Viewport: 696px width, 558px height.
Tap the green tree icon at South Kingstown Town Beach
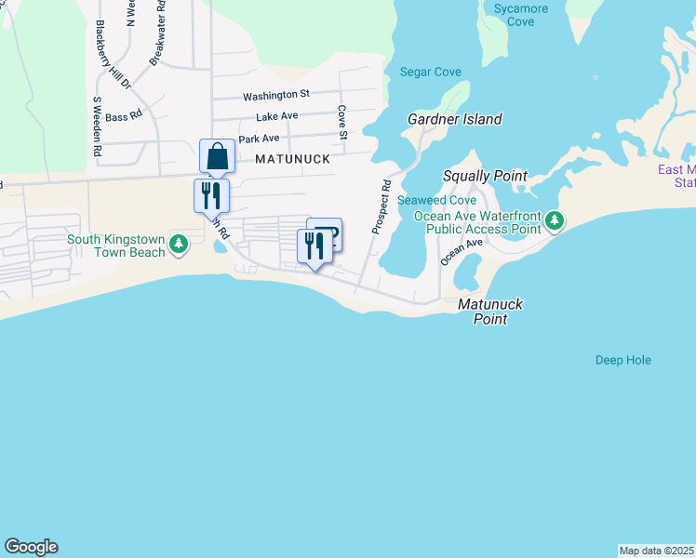(x=180, y=246)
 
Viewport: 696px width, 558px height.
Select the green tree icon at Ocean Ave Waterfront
(x=555, y=220)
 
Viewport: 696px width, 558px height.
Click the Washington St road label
(x=275, y=95)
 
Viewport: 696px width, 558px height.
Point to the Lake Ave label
(x=276, y=116)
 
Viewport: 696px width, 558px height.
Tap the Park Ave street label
(x=259, y=139)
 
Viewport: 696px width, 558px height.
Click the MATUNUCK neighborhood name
(x=293, y=159)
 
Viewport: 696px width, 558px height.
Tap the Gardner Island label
(x=455, y=119)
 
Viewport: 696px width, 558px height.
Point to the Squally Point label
(x=484, y=176)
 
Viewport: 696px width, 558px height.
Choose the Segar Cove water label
(x=426, y=72)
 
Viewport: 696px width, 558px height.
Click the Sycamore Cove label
(x=521, y=15)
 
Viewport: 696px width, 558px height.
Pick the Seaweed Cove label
(x=436, y=201)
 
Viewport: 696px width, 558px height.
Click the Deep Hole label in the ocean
(x=622, y=360)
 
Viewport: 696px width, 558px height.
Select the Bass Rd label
(x=123, y=116)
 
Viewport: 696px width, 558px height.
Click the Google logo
(x=31, y=547)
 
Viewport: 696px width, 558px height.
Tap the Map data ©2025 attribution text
(x=656, y=551)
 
